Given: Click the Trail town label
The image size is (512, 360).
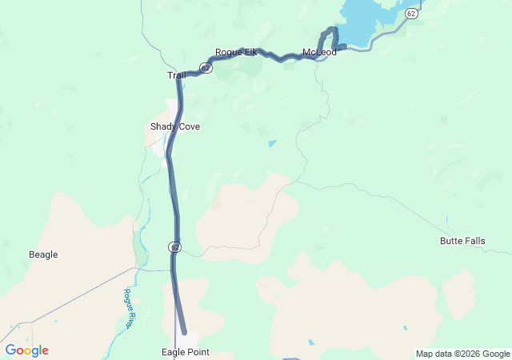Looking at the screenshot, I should click(x=176, y=75).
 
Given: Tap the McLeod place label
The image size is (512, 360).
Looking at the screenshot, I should click(x=319, y=53).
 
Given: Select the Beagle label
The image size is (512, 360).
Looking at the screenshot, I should click(x=43, y=254).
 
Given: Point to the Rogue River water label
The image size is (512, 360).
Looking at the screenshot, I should click(x=128, y=308).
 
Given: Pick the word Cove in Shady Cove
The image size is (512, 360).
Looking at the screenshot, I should click(x=190, y=126).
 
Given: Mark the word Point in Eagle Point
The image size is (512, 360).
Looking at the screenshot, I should click(x=198, y=351).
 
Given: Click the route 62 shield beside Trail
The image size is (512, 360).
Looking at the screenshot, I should click(x=206, y=69).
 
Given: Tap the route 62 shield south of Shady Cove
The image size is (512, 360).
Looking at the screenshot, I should click(x=174, y=248).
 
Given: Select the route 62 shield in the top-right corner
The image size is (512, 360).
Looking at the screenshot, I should click(x=410, y=14).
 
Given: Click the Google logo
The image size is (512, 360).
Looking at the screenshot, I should click(x=27, y=350).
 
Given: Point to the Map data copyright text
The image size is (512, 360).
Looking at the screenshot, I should click(x=462, y=354).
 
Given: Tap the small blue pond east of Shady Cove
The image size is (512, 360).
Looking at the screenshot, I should click(x=273, y=143).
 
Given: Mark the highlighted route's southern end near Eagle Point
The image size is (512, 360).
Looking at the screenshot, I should click(x=184, y=330).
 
